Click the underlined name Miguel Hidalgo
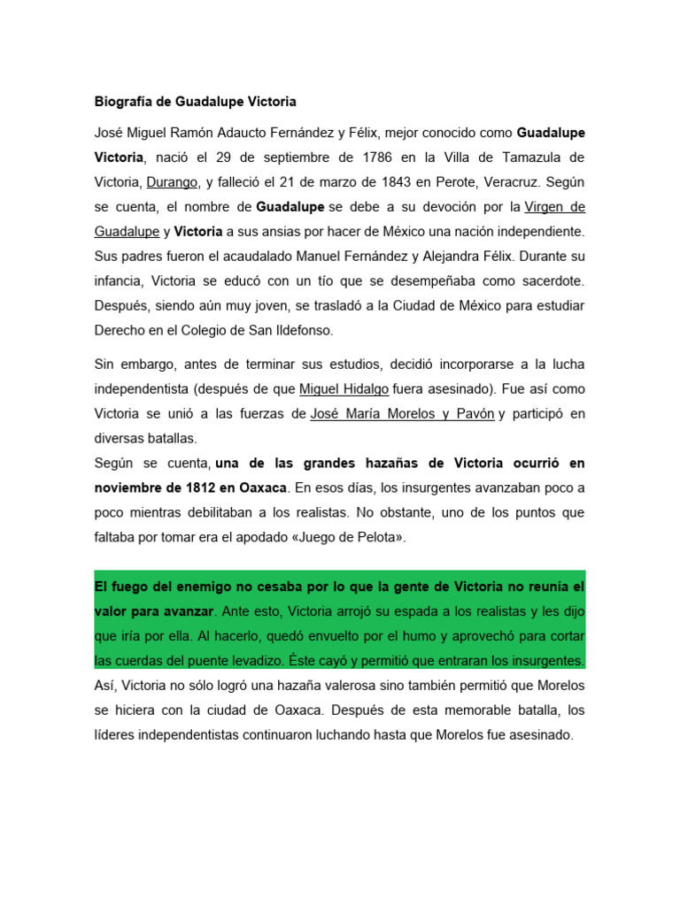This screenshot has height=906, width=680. (x=344, y=388)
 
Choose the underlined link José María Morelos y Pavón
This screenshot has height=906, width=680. (x=402, y=413)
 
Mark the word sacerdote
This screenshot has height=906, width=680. (x=546, y=280)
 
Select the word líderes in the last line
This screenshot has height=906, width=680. (x=117, y=734)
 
